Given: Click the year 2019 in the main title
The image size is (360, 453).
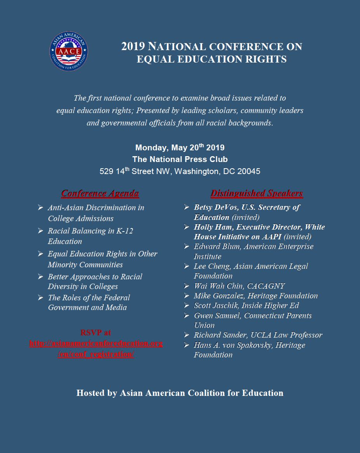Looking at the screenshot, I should click(133, 47).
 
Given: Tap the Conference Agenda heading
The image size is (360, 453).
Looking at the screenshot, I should click(100, 193).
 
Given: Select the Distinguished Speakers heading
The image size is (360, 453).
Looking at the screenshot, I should click(257, 193).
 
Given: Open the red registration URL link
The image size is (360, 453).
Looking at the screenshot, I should click(96, 349).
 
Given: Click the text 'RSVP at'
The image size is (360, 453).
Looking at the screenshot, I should click(96, 333).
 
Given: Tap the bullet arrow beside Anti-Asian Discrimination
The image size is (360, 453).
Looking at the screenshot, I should click(40, 208).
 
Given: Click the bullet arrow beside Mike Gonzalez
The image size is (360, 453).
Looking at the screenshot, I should click(187, 296).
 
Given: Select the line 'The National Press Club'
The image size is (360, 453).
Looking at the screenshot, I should click(180, 159).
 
